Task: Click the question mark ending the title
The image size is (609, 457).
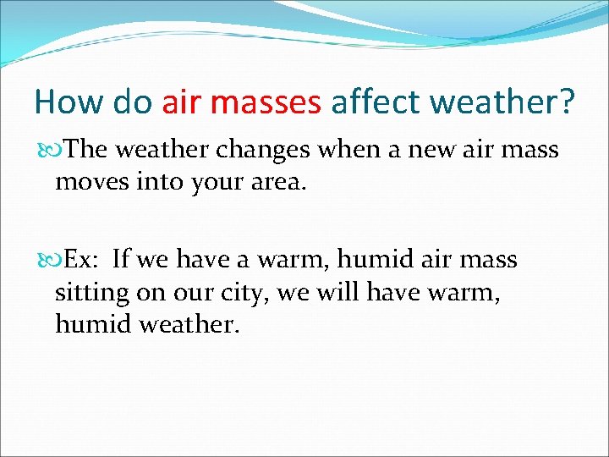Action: click(x=566, y=103)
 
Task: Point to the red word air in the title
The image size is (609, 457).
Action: click(x=180, y=103)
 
